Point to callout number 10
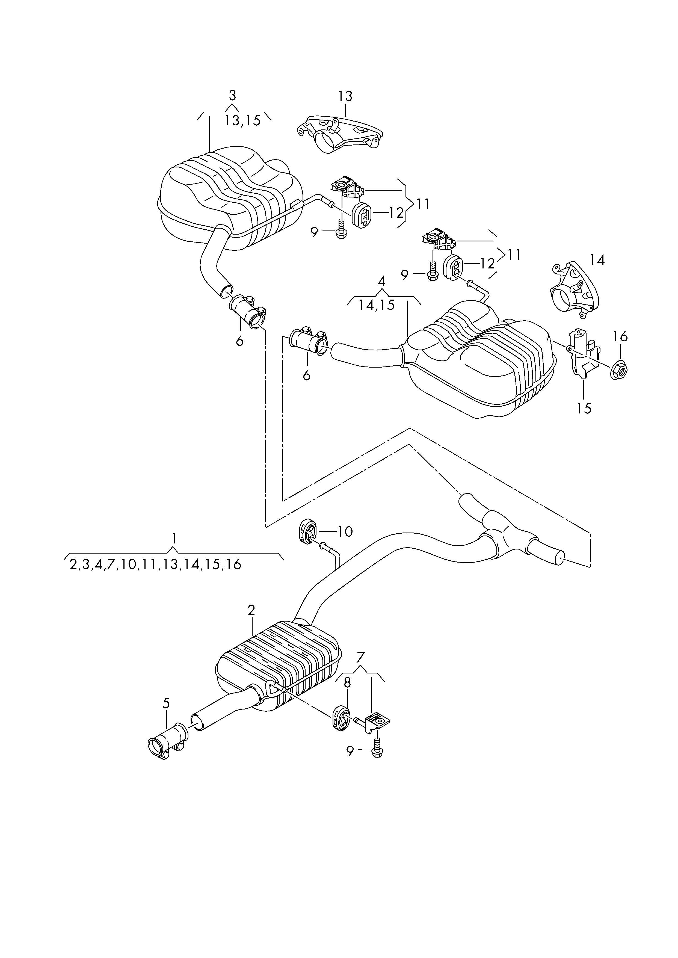[x=345, y=531]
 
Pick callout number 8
[x=347, y=683]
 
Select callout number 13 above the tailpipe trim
[x=345, y=96]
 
